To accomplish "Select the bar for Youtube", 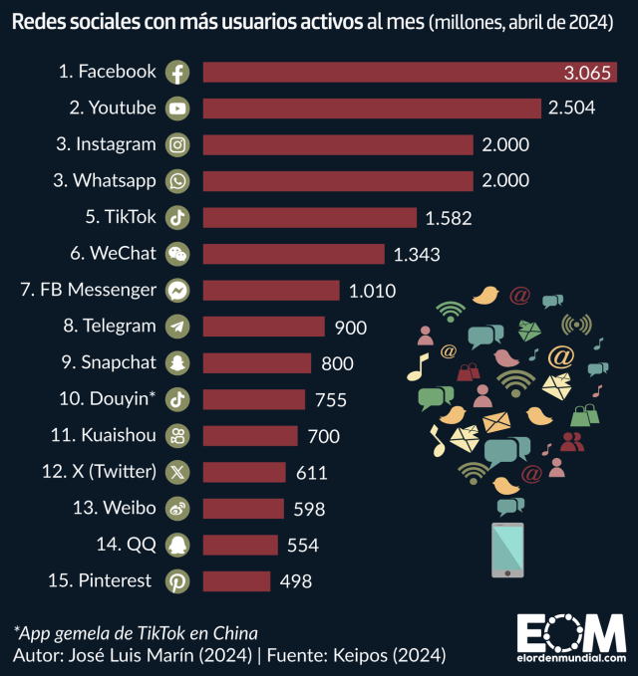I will pyautogui.click(x=372, y=108).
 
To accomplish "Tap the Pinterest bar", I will pyautogui.click(x=236, y=581).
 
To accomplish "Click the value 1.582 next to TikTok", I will pyautogui.click(x=448, y=217).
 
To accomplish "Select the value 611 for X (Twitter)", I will pyautogui.click(x=311, y=472).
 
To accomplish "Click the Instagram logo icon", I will pyautogui.click(x=177, y=144).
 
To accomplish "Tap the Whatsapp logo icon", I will pyautogui.click(x=177, y=180).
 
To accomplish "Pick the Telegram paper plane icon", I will pyautogui.click(x=177, y=327).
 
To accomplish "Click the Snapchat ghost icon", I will pyautogui.click(x=177, y=362).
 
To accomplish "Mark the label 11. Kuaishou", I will pyautogui.click(x=103, y=435).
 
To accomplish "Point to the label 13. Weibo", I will pyautogui.click(x=114, y=508).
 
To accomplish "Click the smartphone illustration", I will pyautogui.click(x=508, y=549).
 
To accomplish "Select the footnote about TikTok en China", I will pyautogui.click(x=136, y=633).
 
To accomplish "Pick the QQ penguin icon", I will pyautogui.click(x=177, y=545).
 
